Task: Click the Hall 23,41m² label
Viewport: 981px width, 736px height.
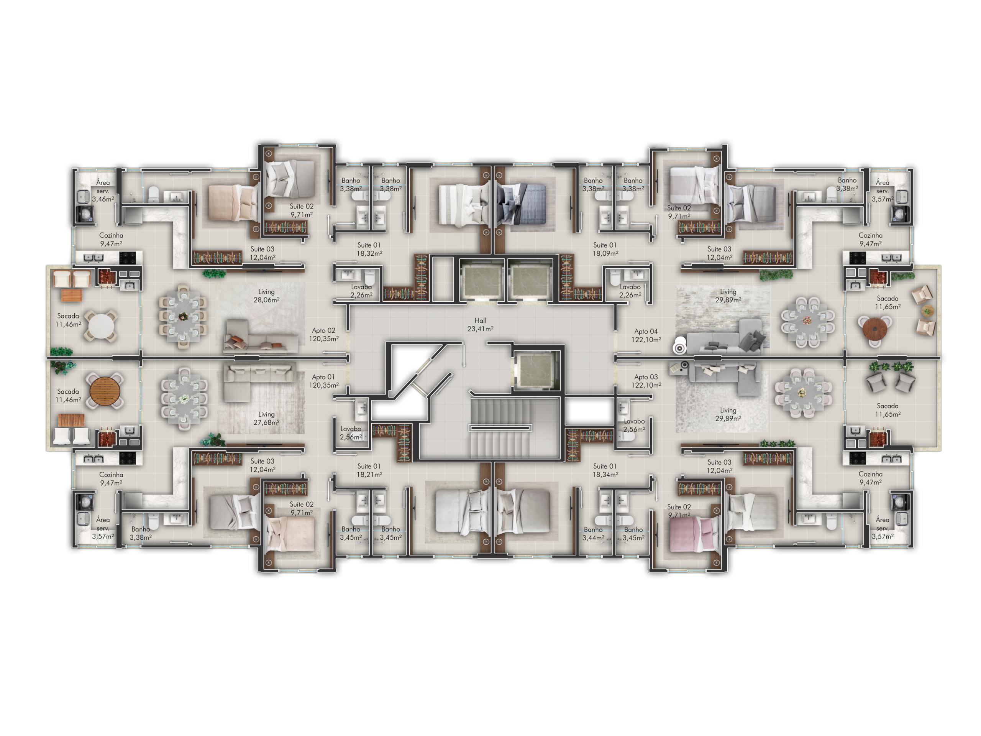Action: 480,324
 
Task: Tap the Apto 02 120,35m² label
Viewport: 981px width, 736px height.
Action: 324,335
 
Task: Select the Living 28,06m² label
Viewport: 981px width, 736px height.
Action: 267,296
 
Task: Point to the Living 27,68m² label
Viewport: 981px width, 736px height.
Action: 267,418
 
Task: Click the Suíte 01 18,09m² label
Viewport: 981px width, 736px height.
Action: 605,249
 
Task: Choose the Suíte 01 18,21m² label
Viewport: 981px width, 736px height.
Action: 369,470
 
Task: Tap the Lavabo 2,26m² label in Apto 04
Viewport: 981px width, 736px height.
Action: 630,291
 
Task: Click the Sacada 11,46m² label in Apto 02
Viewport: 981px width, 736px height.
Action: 68,320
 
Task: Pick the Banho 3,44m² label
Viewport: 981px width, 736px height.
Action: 593,534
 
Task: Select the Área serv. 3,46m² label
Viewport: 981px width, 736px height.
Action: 103,191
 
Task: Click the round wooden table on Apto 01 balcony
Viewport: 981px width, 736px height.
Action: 105,391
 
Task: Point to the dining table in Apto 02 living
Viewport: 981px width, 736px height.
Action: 183,316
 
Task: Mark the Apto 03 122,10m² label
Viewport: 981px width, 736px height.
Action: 646,381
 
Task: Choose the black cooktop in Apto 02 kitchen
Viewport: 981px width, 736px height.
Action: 128,257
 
